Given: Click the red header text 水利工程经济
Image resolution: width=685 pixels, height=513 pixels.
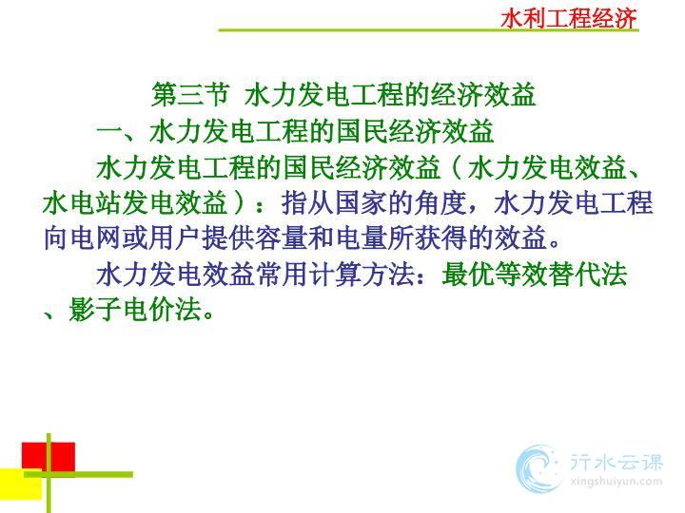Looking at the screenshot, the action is (x=569, y=18).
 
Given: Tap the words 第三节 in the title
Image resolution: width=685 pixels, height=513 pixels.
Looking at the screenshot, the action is (x=190, y=94).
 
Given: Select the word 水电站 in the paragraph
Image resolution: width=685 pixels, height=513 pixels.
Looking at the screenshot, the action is (x=82, y=203).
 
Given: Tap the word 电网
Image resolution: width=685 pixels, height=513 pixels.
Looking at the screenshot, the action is (x=96, y=238).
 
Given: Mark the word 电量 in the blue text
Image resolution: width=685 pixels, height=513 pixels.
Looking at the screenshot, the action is (x=362, y=238).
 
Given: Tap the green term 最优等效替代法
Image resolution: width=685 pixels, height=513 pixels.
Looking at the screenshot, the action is (x=535, y=275).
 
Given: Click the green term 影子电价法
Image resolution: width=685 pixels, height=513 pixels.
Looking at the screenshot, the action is (x=135, y=310).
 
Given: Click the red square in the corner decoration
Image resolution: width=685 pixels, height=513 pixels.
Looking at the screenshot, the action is (x=49, y=457).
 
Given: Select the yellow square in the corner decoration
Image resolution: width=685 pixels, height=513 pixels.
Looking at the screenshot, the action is (x=21, y=484).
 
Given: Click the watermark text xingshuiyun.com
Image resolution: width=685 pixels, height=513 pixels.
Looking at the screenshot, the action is (x=616, y=482).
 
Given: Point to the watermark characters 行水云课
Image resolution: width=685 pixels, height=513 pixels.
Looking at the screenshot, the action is (x=616, y=463).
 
